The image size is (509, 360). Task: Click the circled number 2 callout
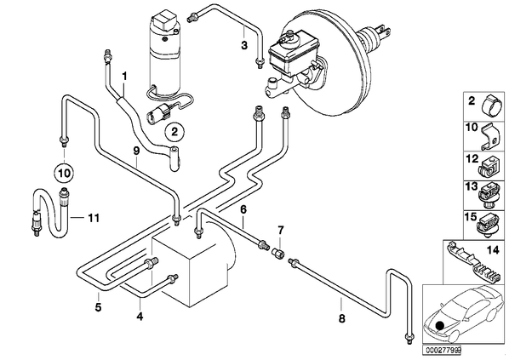coord(174,132)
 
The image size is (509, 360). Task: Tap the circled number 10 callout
coord(64,173)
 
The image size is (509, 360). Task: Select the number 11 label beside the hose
coord(94,218)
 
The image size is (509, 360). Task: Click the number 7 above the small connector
coord(281,231)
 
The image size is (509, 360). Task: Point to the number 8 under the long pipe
coord(341,318)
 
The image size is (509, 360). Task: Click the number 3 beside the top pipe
coord(244,45)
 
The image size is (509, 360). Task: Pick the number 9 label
coord(136,151)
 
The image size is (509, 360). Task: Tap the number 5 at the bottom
coord(98,306)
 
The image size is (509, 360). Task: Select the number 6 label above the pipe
coord(243,209)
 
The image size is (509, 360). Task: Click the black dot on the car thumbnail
coord(440,326)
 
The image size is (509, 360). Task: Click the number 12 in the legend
coord(472,159)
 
